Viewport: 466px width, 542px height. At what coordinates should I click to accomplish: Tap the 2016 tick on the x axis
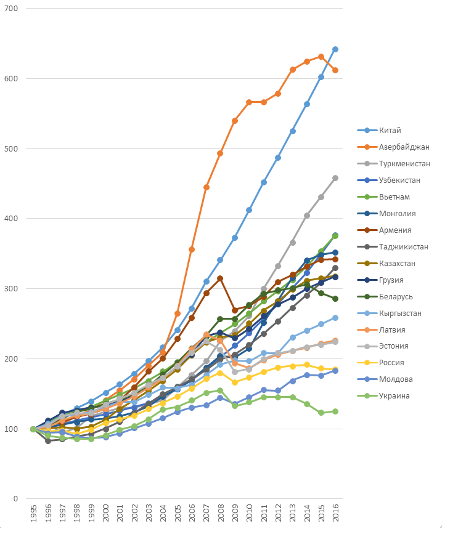(x=335, y=516)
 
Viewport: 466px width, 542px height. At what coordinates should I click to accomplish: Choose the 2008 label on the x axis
(x=220, y=516)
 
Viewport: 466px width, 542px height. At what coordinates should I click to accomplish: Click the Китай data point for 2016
(x=335, y=49)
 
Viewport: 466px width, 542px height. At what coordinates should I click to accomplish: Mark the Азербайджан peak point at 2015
(x=321, y=57)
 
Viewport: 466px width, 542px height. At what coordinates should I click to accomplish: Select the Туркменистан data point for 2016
(x=335, y=178)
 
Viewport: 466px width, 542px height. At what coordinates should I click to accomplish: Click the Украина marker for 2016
(x=335, y=411)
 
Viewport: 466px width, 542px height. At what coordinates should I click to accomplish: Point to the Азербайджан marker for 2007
(x=206, y=187)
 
